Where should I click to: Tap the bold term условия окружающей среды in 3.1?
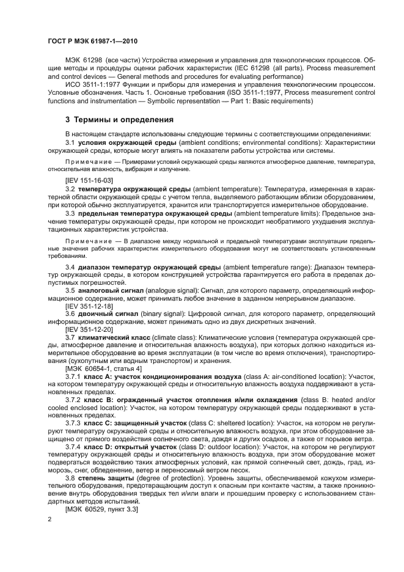(119, 142)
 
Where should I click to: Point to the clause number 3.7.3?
(73, 422)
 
